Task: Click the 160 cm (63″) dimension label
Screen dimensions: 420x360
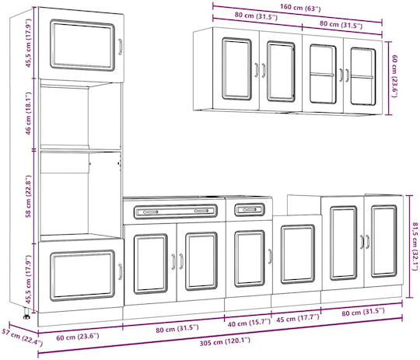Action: point(300,8)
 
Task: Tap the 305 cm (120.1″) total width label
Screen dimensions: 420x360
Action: point(225,341)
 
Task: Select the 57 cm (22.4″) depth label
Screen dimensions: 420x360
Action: point(22,336)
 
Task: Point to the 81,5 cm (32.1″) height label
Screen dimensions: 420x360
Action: point(415,246)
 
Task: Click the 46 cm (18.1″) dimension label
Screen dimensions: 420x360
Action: point(29,114)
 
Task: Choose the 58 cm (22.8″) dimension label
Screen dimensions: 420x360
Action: point(29,197)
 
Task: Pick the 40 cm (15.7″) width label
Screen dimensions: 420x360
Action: point(249,323)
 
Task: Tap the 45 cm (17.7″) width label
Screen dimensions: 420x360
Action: point(298,318)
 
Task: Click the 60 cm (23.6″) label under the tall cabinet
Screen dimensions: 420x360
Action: point(78,337)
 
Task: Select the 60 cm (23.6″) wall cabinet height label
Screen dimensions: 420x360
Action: point(395,75)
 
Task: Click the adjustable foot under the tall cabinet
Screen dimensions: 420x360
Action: point(26,313)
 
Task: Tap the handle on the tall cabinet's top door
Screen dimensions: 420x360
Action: point(121,47)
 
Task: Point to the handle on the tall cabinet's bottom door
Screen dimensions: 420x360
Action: point(121,271)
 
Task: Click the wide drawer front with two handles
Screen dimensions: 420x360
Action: point(175,211)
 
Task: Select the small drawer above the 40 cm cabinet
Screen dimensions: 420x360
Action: point(250,209)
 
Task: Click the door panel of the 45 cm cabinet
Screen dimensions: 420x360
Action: point(298,254)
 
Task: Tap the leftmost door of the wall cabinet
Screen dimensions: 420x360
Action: point(236,69)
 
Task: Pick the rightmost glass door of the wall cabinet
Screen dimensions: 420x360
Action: point(363,77)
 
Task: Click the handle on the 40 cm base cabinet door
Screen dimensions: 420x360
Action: point(270,257)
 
